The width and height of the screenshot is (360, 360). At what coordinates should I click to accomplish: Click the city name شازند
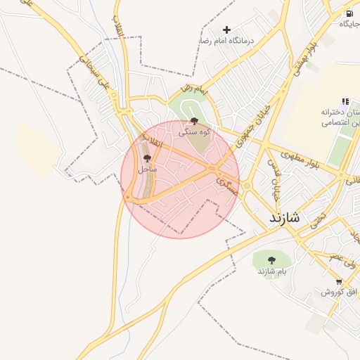coord(284,218)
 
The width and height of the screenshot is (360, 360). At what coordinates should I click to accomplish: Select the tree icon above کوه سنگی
coord(194,121)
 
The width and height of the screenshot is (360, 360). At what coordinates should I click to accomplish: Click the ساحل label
coord(147,169)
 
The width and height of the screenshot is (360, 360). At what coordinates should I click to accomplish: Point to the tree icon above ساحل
coord(147,158)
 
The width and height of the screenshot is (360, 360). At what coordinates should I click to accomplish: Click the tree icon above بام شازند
coord(271,260)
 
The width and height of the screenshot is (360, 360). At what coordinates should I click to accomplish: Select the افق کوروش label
coord(340,292)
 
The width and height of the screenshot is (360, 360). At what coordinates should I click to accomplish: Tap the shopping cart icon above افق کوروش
coord(340,281)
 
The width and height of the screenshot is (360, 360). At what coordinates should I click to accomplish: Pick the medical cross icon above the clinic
coord(226,30)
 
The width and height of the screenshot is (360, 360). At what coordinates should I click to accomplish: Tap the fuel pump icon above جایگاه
coord(349,13)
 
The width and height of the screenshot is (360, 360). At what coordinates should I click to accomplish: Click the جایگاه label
coord(349,25)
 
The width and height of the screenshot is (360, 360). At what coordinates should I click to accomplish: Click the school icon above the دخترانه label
coord(345,101)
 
